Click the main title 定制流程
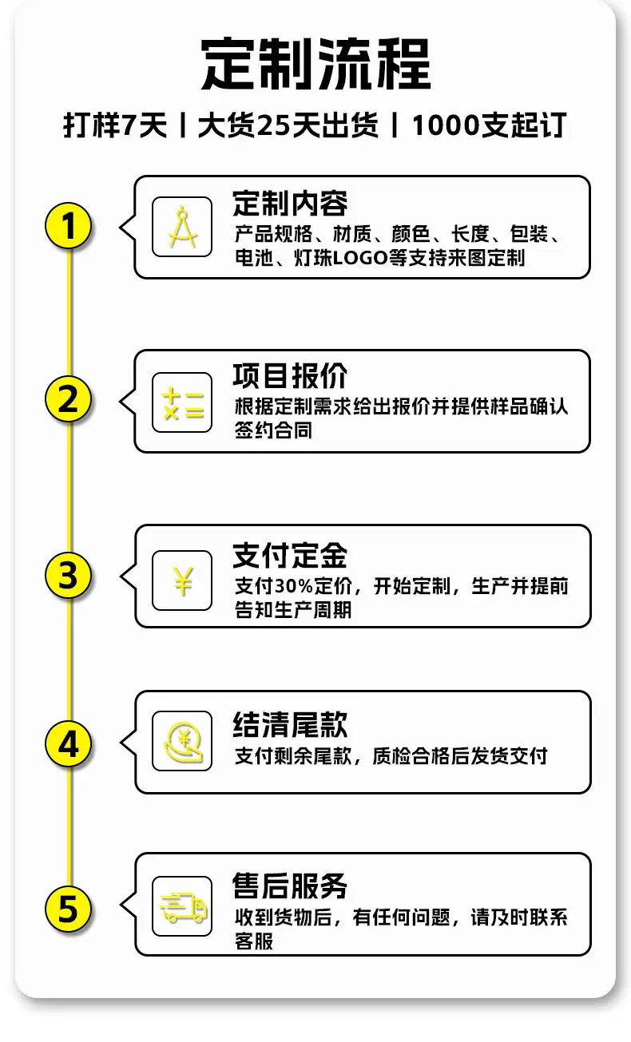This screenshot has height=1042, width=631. [x=315, y=64]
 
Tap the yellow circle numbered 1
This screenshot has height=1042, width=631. [x=69, y=226]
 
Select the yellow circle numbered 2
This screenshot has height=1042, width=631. [x=69, y=399]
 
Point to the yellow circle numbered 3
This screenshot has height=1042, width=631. [x=69, y=575]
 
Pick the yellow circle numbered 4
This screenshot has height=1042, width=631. [x=69, y=744]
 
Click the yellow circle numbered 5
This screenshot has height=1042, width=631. [x=69, y=909]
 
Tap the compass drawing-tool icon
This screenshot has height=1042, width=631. [x=182, y=227]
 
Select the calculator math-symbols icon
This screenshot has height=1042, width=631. [x=182, y=402]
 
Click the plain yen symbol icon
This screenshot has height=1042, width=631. [x=182, y=580]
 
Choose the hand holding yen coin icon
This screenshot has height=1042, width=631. [x=182, y=741]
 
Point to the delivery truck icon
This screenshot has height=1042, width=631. [x=182, y=906]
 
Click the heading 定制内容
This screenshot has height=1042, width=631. [x=290, y=204]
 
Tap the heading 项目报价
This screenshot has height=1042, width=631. [x=290, y=376]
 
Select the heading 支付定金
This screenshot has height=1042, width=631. [x=290, y=556]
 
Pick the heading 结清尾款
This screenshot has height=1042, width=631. [x=290, y=724]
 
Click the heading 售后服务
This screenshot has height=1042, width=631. [x=290, y=886]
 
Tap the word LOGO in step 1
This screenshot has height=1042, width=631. [x=359, y=258]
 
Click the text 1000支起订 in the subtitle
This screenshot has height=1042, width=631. [x=489, y=125]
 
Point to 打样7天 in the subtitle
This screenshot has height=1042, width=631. [x=115, y=125]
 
